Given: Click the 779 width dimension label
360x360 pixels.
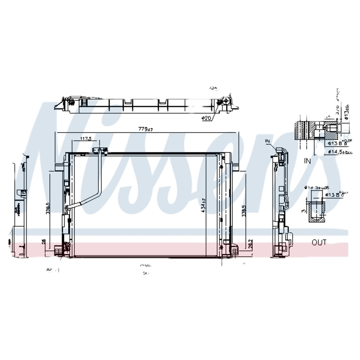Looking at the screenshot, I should [x=145, y=130].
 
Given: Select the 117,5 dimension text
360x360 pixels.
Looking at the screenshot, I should [x=86, y=139].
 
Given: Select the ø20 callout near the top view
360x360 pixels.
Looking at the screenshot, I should [x=207, y=118].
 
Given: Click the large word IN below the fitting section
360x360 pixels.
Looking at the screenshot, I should [x=307, y=160].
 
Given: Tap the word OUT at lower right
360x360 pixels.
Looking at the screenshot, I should [x=319, y=243].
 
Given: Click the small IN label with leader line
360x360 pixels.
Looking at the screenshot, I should [x=267, y=141].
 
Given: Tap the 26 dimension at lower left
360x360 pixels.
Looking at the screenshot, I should [x=43, y=242].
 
